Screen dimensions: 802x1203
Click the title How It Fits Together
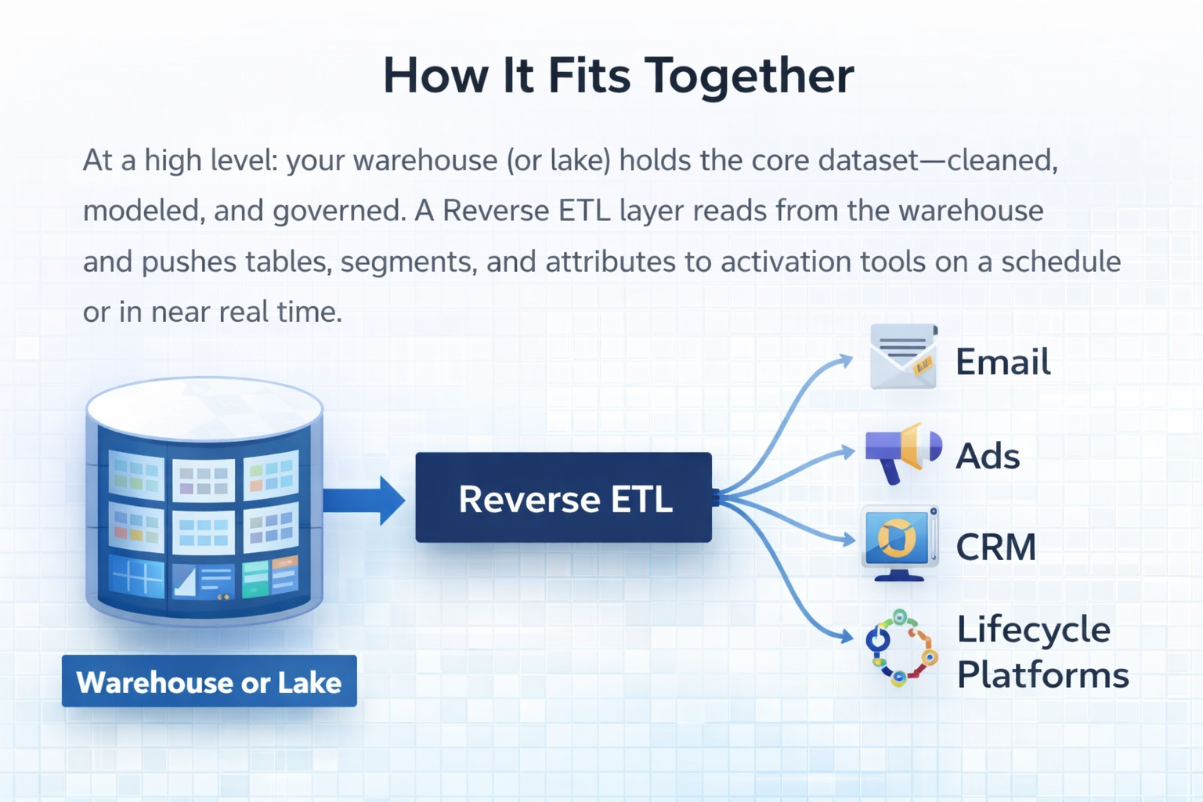click(x=618, y=76)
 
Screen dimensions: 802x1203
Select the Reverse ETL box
click(x=564, y=498)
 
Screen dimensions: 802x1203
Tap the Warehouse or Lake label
click(x=209, y=681)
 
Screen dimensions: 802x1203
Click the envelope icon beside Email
click(x=903, y=357)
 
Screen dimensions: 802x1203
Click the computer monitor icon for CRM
click(x=899, y=543)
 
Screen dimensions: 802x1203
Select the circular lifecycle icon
click(x=901, y=648)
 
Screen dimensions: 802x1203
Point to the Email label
click(x=1002, y=362)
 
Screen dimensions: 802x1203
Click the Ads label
click(x=988, y=456)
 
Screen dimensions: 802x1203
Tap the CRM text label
click(x=995, y=547)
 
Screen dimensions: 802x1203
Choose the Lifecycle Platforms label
click(x=1042, y=652)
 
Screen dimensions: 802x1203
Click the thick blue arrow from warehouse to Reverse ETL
click(x=364, y=500)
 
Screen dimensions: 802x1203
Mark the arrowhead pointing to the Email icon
click(x=846, y=360)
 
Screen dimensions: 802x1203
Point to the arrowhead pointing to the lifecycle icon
click(x=846, y=637)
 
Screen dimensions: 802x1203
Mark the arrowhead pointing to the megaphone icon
click(x=847, y=452)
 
